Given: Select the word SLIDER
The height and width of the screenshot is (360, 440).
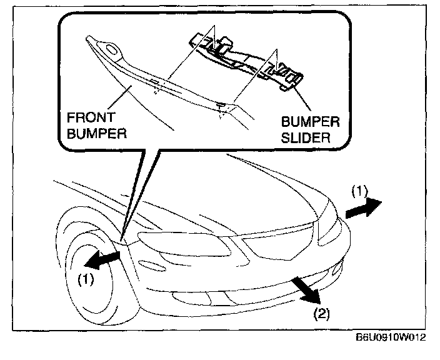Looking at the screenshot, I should coord(306,137).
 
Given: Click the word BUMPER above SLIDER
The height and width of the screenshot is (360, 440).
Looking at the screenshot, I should coord(307,121).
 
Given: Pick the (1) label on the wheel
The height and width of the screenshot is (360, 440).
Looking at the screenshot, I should coord(86,279).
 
